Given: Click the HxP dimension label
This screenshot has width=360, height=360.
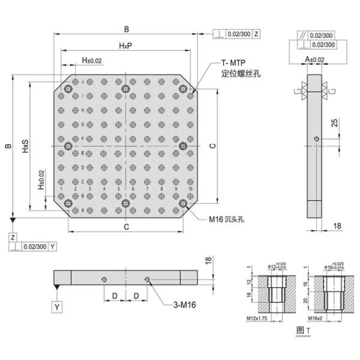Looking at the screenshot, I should [125, 46].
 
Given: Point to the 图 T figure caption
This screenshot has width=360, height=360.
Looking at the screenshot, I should [302, 330].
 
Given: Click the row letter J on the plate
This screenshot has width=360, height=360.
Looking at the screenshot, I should [82, 82].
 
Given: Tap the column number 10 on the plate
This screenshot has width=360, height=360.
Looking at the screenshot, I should [190, 190].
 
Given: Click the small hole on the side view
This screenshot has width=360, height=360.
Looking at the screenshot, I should [316, 139].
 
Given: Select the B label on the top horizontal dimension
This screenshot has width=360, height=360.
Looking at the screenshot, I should [125, 29].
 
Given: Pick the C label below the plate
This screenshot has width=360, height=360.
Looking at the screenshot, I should [125, 226].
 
